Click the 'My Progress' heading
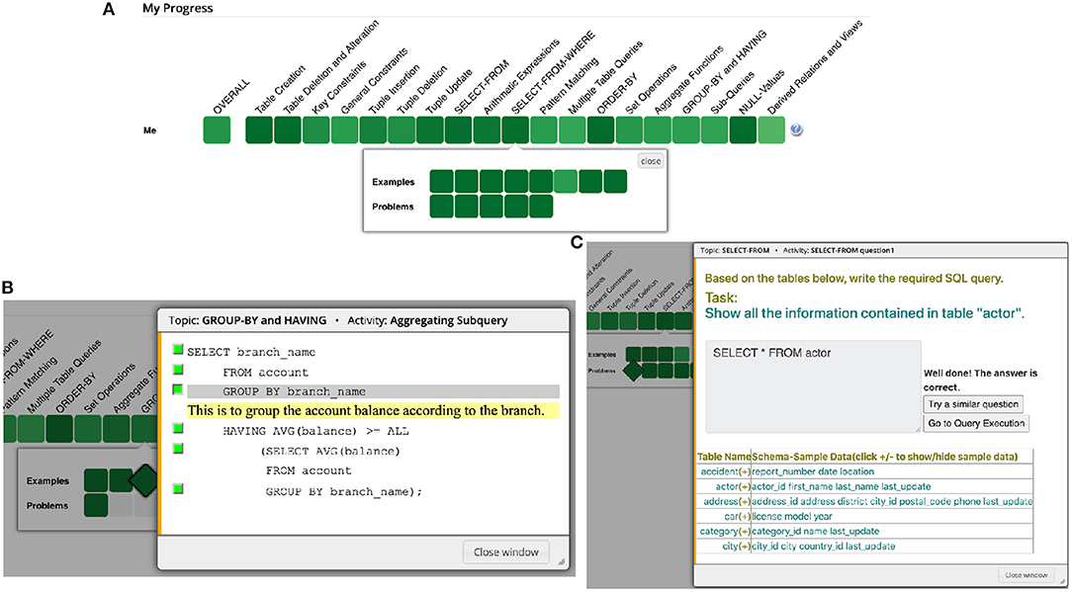pyautogui.click(x=177, y=9)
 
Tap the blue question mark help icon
pyautogui.click(x=796, y=130)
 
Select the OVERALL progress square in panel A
pyautogui.click(x=218, y=130)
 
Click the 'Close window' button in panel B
pyautogui.click(x=505, y=551)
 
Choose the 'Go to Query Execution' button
pyautogui.click(x=975, y=423)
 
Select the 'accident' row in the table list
pyautogui.click(x=718, y=471)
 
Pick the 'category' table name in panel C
pyautogui.click(x=717, y=531)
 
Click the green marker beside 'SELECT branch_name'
pyautogui.click(x=177, y=350)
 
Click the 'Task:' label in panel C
pyautogui.click(x=722, y=296)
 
